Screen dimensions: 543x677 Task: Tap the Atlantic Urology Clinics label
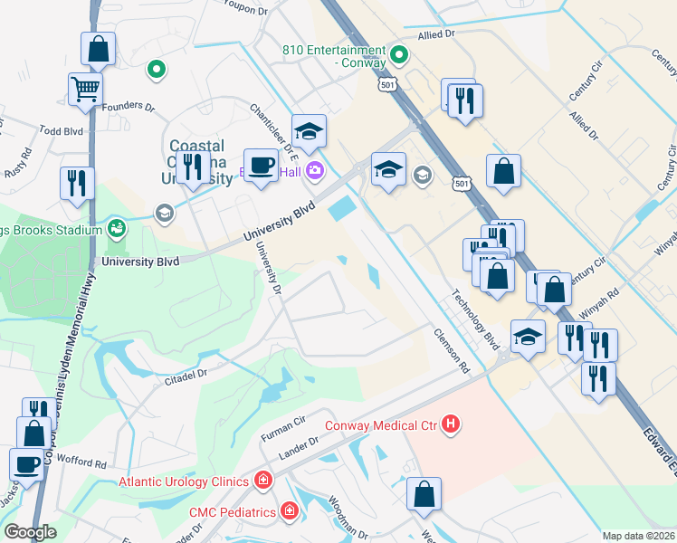coord(185,481)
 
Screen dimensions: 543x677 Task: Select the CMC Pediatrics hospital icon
coord(289,512)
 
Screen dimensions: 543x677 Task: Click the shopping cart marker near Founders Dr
coord(85,90)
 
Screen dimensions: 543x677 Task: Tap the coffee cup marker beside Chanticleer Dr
coord(262,166)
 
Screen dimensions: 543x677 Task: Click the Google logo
coord(30,532)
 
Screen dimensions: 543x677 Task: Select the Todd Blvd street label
coord(62,131)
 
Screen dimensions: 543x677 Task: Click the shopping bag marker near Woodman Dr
coord(424,495)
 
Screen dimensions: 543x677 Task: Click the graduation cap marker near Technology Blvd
coord(528,338)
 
